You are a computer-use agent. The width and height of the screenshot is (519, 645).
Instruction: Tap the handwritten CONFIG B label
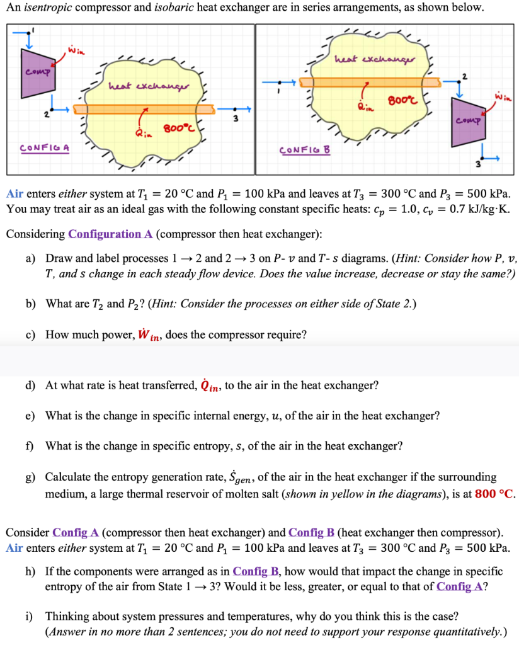tap(306, 151)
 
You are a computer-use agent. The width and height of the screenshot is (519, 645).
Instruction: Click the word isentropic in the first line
tap(46, 8)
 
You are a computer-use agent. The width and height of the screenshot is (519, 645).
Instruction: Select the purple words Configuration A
tap(110, 234)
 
